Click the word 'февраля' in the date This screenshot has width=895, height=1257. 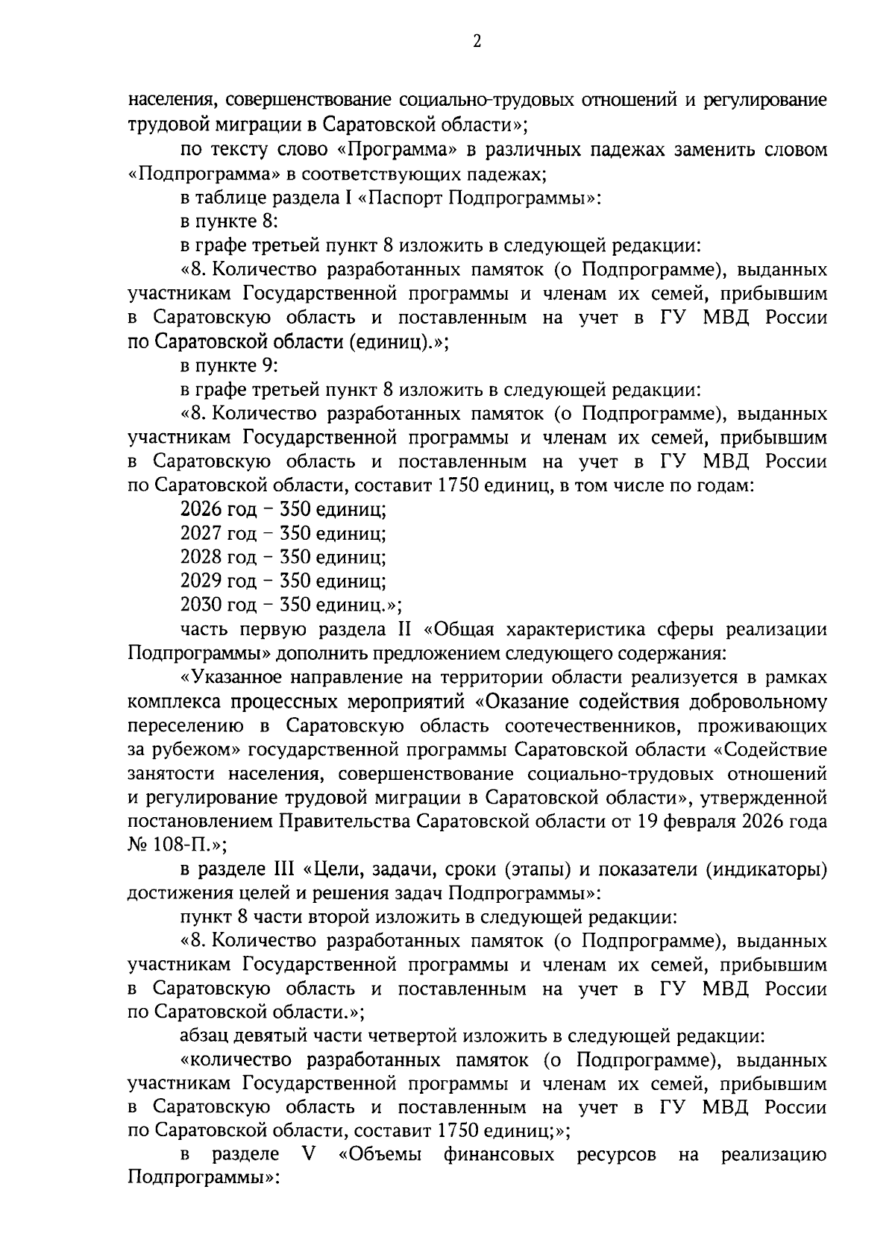click(693, 821)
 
